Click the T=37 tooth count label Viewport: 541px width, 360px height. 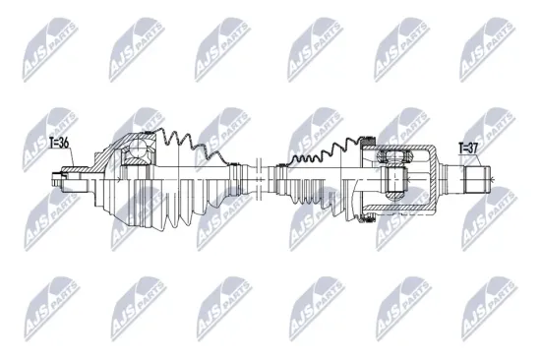[468, 149]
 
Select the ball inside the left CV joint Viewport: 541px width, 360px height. [140, 150]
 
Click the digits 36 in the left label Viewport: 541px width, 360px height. [67, 143]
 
